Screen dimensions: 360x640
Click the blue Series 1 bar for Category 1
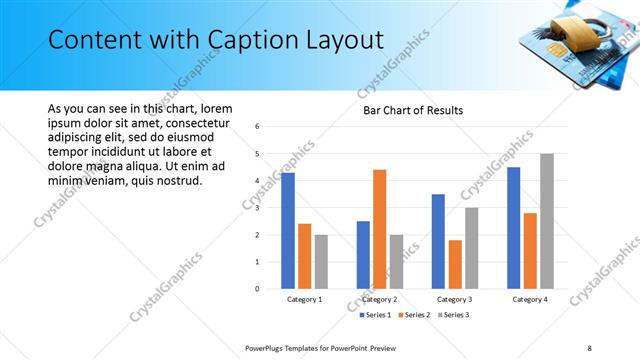[288, 231]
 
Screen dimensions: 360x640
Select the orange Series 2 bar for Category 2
[379, 229]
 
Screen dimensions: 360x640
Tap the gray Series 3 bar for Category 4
[546, 221]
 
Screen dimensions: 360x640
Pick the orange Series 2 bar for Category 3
[455, 264]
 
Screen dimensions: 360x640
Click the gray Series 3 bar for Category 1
[321, 262]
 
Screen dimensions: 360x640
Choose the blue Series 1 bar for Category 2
[363, 255]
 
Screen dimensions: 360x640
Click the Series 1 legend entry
[377, 315]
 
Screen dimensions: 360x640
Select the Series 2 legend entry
[413, 315]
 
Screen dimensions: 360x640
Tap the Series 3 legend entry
[451, 315]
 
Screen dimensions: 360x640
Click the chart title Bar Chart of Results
[412, 110]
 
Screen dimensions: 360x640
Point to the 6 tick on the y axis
[258, 127]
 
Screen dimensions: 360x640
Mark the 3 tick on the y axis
[258, 208]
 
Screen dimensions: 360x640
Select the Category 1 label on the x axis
[304, 299]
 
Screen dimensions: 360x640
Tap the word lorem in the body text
[216, 108]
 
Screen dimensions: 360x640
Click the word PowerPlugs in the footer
[268, 347]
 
